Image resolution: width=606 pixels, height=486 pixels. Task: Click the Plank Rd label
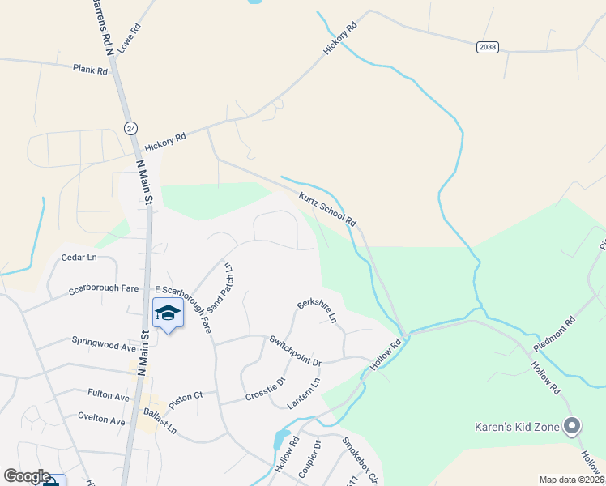(90, 70)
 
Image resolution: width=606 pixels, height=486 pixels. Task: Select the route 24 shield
(131, 128)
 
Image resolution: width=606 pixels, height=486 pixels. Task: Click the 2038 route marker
(487, 48)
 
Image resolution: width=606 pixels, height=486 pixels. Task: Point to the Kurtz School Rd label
(327, 209)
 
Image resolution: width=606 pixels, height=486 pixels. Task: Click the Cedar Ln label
(79, 258)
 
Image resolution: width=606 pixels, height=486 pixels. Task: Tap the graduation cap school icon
(168, 313)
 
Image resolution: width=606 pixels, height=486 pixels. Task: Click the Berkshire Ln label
(317, 311)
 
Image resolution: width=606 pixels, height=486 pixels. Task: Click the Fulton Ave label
(109, 396)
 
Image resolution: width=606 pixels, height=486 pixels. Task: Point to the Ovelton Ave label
(101, 421)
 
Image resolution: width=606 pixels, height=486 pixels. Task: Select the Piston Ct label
(186, 395)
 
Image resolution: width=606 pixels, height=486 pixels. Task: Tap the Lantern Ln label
(305, 394)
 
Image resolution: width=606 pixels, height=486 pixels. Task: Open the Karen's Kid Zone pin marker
(572, 425)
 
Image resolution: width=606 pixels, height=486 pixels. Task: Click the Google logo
(27, 476)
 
